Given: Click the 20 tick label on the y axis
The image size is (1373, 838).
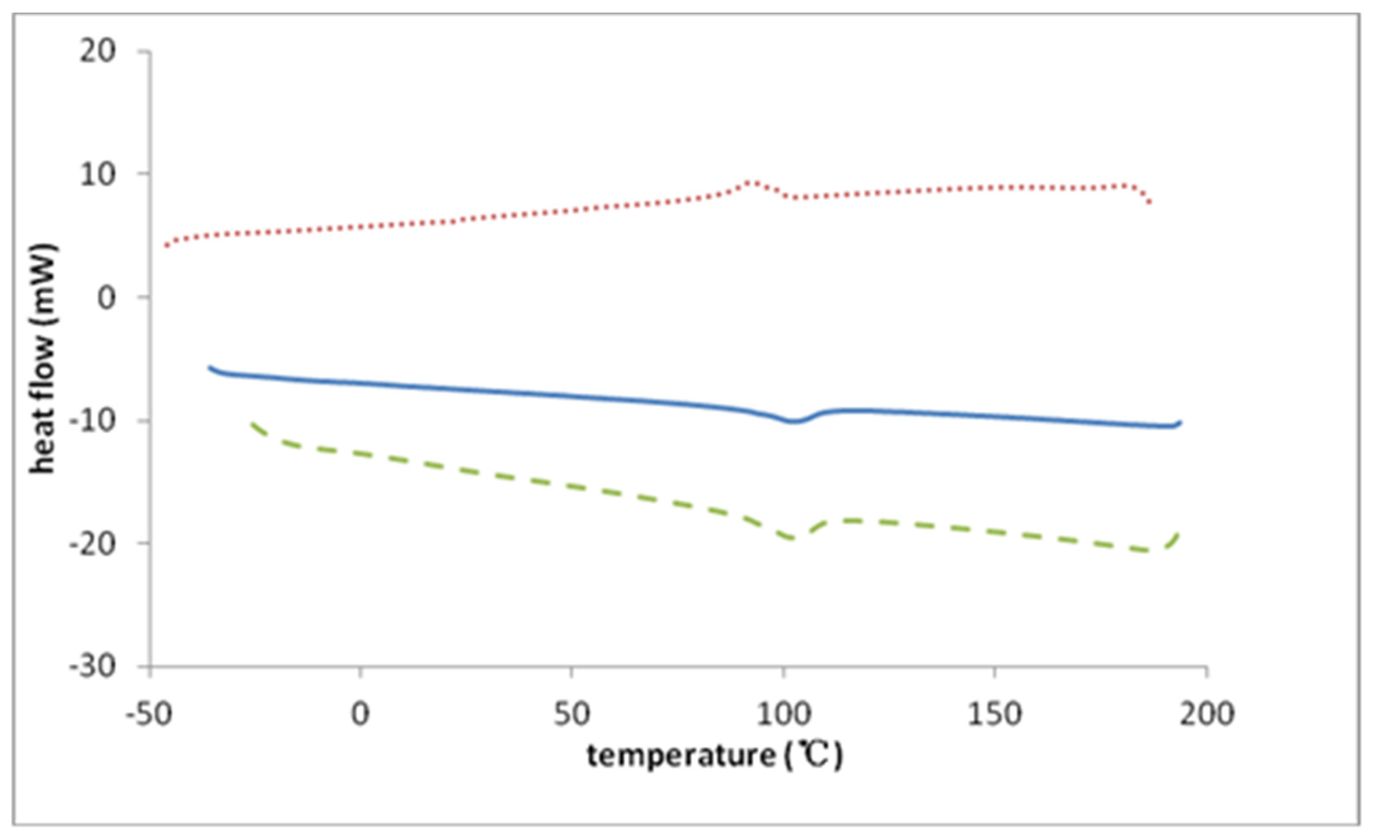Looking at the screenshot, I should coord(97,52).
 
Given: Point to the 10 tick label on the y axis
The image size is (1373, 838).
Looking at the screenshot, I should coord(97,174).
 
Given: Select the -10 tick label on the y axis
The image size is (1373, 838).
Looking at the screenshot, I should coord(92,421).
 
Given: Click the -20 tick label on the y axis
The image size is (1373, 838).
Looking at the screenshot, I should coord(92,543).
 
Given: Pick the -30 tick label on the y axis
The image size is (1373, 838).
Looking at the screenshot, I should coord(92,667).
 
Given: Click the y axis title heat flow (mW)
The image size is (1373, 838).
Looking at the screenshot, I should coord(43,359).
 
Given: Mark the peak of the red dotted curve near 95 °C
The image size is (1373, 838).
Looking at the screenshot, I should coord(753,182).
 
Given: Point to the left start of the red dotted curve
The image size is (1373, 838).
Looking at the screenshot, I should coord(166,245).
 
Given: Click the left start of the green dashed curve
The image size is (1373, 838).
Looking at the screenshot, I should coord(252,424).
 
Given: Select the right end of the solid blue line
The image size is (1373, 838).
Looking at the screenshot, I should coord(1180,422).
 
